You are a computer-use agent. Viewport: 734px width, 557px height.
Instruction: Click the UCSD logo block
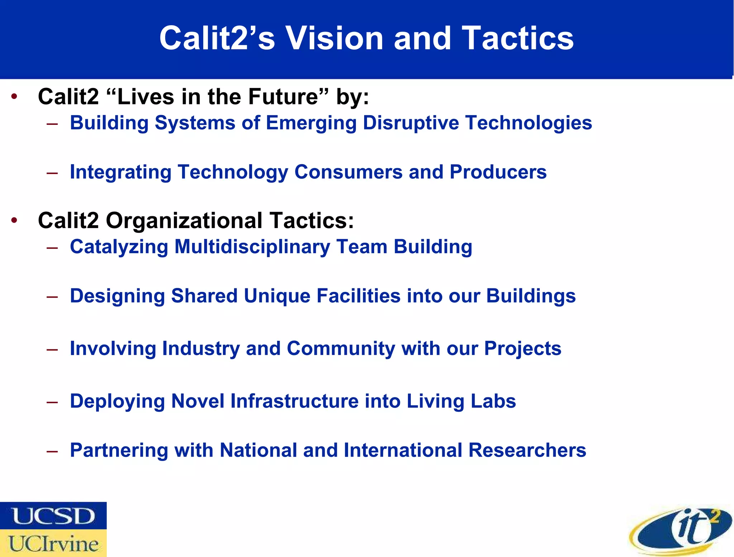[x=53, y=515]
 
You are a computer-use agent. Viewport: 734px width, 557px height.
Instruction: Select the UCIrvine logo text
[x=53, y=543]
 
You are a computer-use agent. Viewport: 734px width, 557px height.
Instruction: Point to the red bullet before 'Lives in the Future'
[x=14, y=96]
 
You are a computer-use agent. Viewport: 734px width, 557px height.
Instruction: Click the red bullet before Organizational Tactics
[x=14, y=220]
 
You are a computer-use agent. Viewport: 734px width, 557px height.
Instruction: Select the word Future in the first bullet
[x=283, y=96]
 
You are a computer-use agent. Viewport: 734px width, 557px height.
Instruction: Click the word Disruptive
[x=411, y=123]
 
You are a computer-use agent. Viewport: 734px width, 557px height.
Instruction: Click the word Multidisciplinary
[x=252, y=247]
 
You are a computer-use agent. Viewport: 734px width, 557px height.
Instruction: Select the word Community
[x=340, y=348]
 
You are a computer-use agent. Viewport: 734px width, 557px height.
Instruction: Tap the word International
[x=403, y=450]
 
